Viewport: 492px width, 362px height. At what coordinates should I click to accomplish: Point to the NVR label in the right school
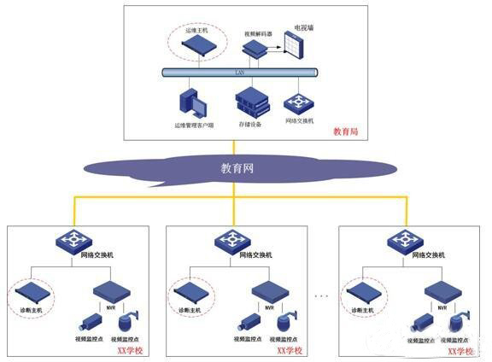[x=442, y=306]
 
